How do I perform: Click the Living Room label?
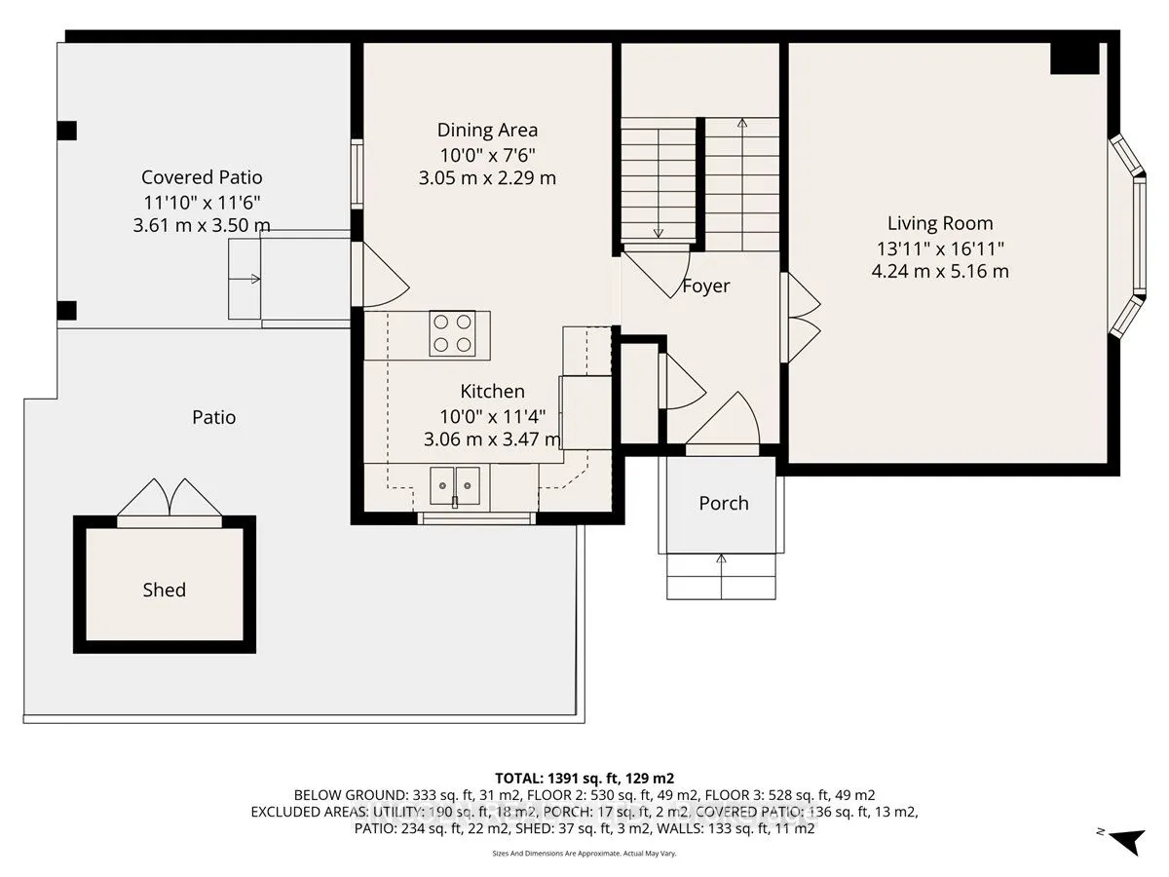tap(940, 223)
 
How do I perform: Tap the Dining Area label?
tap(487, 130)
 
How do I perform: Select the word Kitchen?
tap(492, 392)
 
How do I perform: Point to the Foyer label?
tap(706, 286)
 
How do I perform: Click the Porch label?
tap(724, 503)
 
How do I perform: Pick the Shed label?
tap(164, 590)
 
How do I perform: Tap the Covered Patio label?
tap(202, 177)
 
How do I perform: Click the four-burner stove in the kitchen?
tap(452, 333)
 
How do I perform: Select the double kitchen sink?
tap(454, 485)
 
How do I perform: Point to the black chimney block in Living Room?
tap(1075, 58)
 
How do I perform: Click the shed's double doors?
tap(170, 498)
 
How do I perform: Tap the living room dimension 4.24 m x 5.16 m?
tap(940, 271)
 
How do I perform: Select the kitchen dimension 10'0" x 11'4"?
tap(492, 416)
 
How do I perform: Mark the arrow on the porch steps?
tap(722, 577)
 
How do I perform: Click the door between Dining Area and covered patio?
tap(380, 275)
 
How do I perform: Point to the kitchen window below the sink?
tap(476, 518)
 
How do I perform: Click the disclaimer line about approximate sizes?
tap(584, 854)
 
